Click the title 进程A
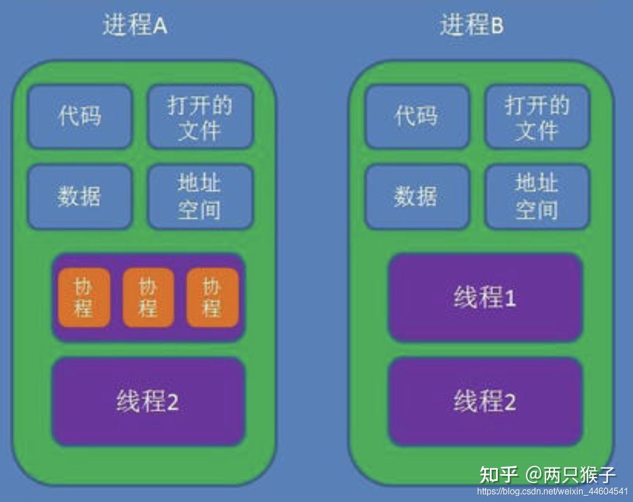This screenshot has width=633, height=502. (135, 26)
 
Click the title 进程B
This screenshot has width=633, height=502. (472, 26)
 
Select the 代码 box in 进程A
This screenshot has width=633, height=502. (80, 117)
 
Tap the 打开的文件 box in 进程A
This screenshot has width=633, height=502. (200, 117)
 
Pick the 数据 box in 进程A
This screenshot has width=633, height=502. (80, 196)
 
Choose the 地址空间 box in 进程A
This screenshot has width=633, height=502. (200, 196)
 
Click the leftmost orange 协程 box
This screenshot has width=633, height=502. (84, 298)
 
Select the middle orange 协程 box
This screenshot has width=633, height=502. (148, 298)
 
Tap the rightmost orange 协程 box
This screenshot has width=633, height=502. (212, 298)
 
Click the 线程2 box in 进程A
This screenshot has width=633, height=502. (148, 401)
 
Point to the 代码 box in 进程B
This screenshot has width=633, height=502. (416, 117)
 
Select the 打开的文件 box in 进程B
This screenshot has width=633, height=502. (537, 117)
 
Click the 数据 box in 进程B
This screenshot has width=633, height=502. (416, 196)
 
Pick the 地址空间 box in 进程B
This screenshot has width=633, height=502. (537, 196)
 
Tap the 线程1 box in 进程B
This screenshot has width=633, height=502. (485, 298)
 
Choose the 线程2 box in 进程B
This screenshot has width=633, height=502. (485, 401)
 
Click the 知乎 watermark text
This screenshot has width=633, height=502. (499, 475)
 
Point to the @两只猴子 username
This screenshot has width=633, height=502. (571, 475)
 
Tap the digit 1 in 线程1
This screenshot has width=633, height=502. (510, 299)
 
